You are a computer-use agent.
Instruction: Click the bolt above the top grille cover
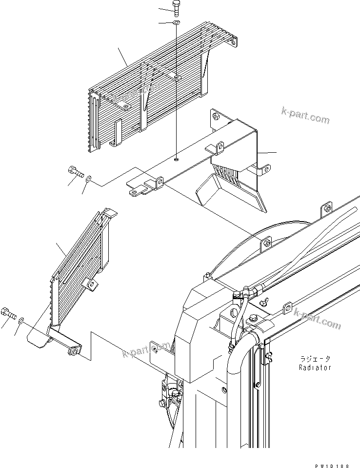[176, 7]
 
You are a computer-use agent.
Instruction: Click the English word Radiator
[315, 367]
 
